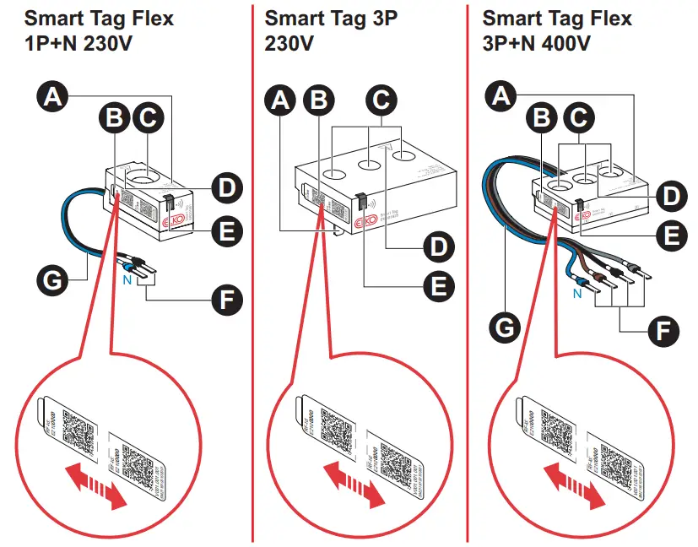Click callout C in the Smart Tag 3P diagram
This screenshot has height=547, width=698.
click(381, 100)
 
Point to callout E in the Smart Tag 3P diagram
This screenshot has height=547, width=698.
click(436, 287)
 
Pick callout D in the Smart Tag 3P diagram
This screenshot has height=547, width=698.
click(436, 247)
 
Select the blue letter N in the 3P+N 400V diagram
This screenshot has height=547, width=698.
click(577, 295)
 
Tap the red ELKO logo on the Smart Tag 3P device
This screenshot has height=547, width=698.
click(365, 223)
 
